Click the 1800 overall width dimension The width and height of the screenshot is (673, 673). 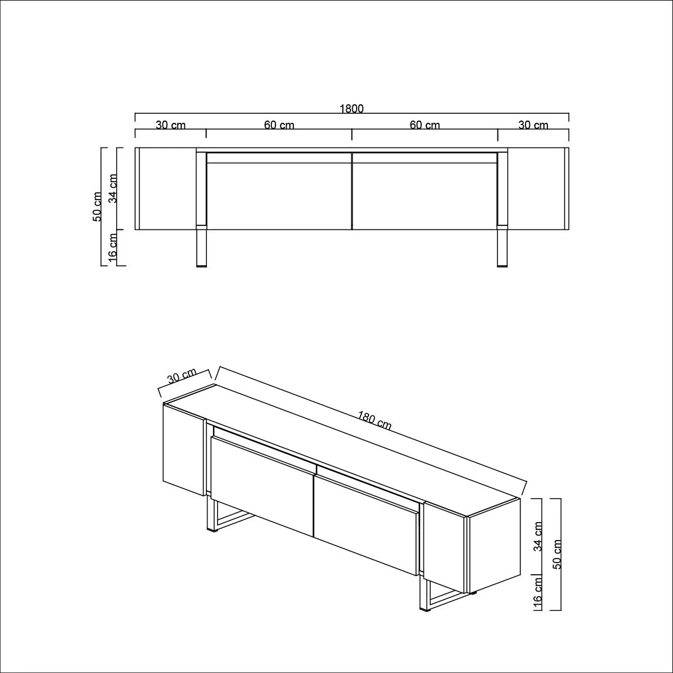tap(352, 109)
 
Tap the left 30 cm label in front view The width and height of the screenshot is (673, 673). tap(170, 125)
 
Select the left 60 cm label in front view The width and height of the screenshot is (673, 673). tap(279, 125)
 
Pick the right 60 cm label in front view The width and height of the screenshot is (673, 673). tap(425, 125)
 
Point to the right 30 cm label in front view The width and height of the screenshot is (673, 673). tap(533, 125)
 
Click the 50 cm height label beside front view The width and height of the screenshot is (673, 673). tap(98, 206)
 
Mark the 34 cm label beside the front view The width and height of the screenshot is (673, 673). tap(113, 188)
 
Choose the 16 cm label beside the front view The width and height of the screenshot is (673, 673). tap(113, 247)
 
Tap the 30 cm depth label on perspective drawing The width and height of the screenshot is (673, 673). tap(182, 376)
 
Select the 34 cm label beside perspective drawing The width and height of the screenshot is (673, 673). tap(538, 537)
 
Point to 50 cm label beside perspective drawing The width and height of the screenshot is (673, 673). tap(557, 554)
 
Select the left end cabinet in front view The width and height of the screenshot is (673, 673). tap(165, 188)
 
